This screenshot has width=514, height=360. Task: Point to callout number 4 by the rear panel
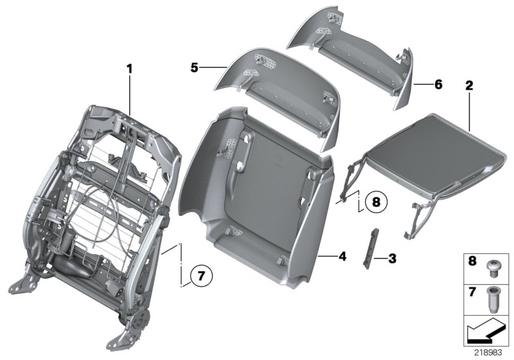[x=342, y=256]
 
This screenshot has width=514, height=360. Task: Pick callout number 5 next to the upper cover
[x=195, y=66]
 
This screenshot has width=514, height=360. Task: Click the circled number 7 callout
[x=200, y=276]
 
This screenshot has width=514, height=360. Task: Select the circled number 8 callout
[x=376, y=202]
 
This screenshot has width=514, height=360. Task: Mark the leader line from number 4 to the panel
[x=328, y=256]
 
